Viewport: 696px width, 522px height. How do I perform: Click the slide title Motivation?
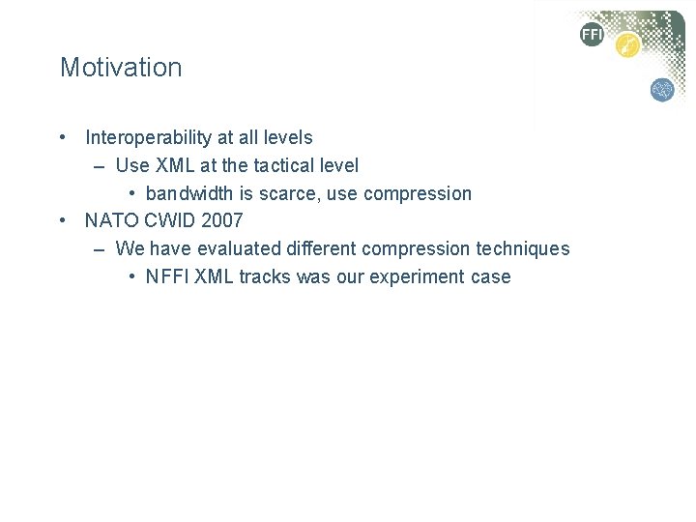click(121, 68)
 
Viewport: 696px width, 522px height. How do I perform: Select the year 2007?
click(222, 221)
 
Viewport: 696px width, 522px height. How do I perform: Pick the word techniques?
click(523, 248)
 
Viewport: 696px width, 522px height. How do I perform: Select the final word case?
click(490, 276)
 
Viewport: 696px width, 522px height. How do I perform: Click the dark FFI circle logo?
click(592, 35)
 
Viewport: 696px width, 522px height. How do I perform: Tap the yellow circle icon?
click(628, 45)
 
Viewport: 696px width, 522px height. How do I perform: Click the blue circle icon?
click(662, 90)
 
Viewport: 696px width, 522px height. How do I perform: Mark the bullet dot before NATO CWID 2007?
click(63, 221)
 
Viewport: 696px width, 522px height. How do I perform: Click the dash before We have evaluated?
click(101, 249)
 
